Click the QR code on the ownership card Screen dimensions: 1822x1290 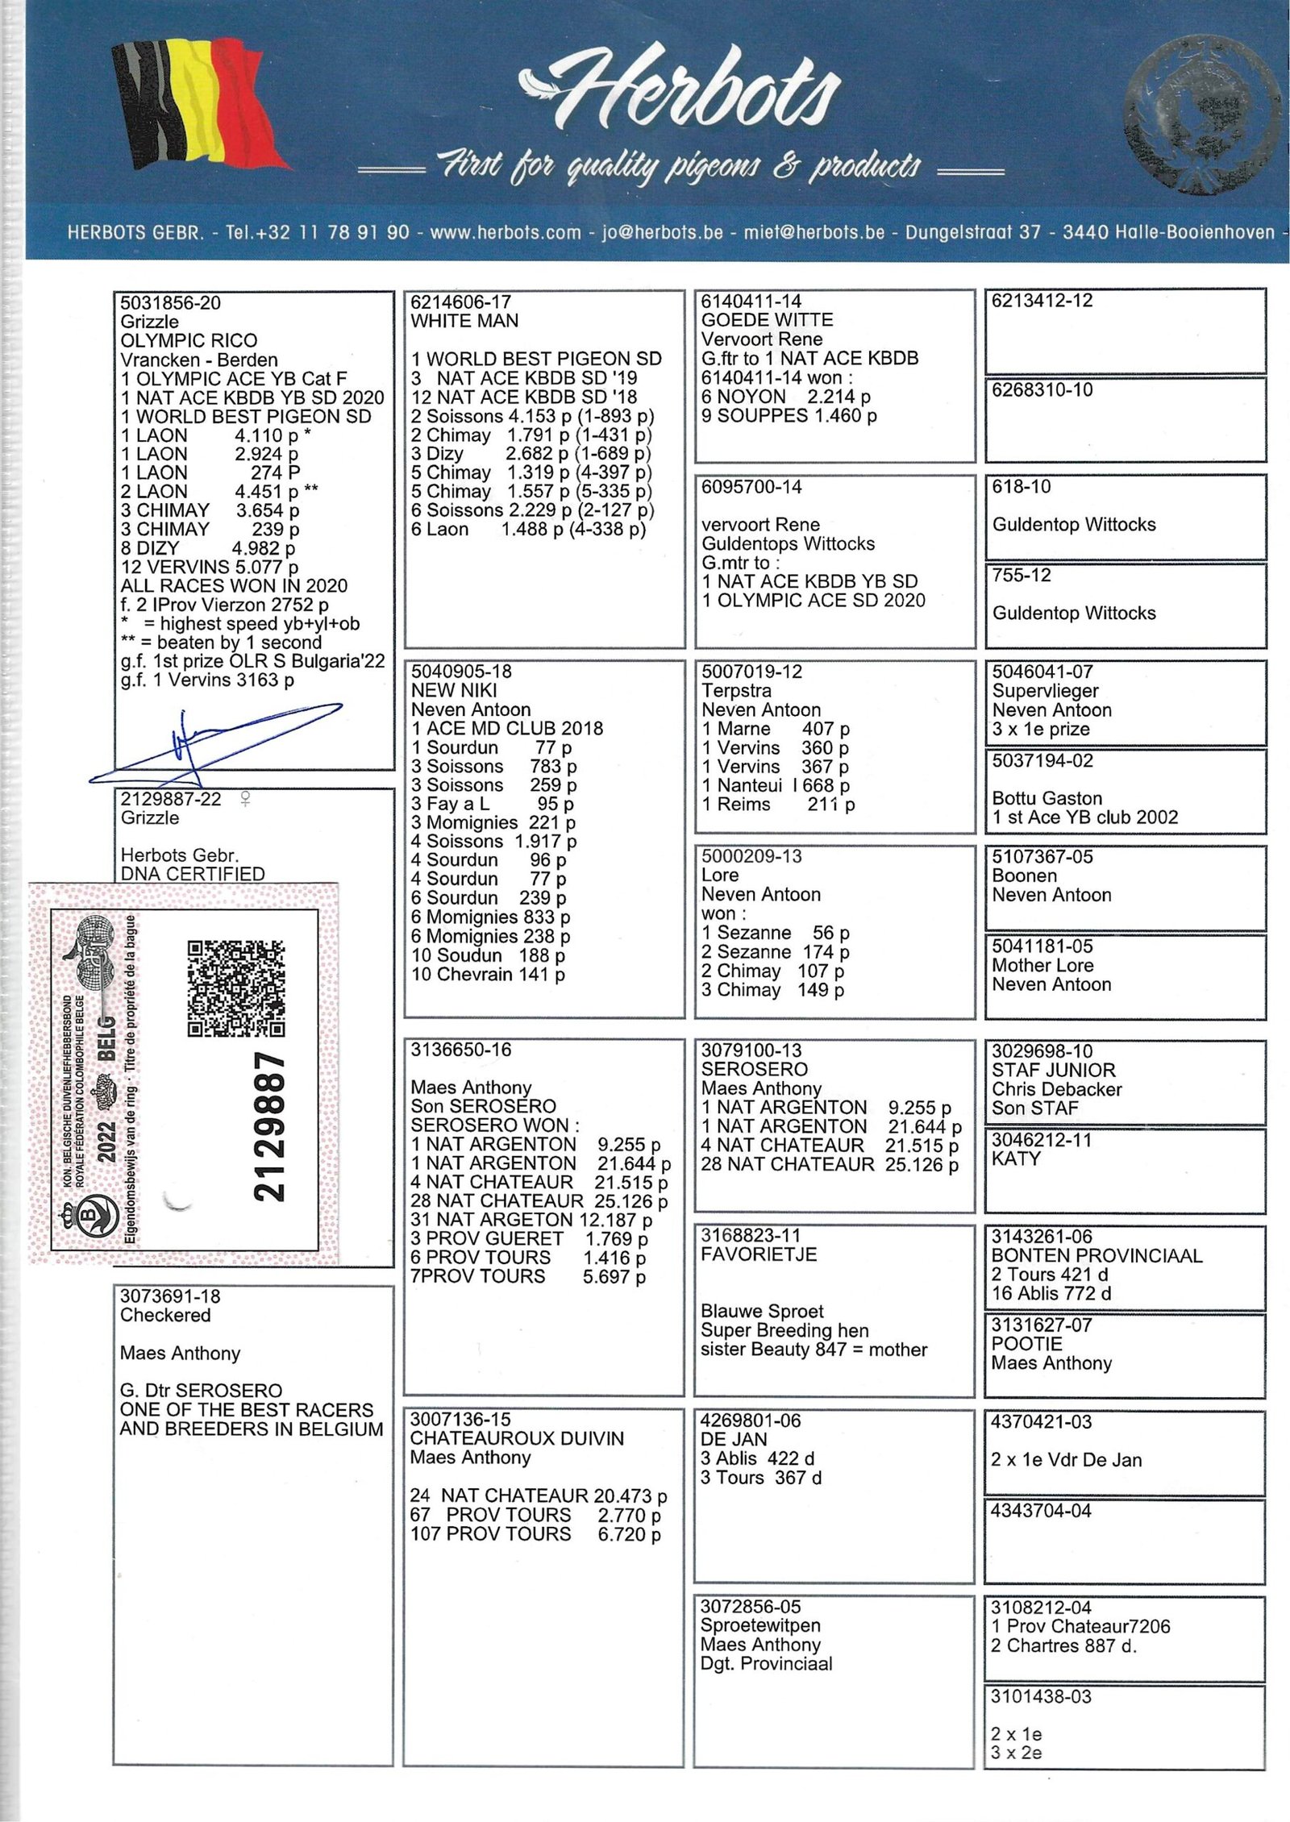236,988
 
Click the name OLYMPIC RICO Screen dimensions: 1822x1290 189,341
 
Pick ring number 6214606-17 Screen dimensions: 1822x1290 460,302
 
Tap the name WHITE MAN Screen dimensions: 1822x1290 464,321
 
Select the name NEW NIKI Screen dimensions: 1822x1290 454,691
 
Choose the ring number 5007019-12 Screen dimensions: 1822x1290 751,672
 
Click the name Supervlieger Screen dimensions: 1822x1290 1045,691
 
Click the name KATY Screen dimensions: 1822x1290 1016,1159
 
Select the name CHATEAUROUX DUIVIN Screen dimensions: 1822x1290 517,1438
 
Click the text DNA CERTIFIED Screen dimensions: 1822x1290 192,874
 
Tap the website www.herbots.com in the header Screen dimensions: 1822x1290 506,232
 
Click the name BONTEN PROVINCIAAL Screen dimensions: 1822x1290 1096,1255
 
